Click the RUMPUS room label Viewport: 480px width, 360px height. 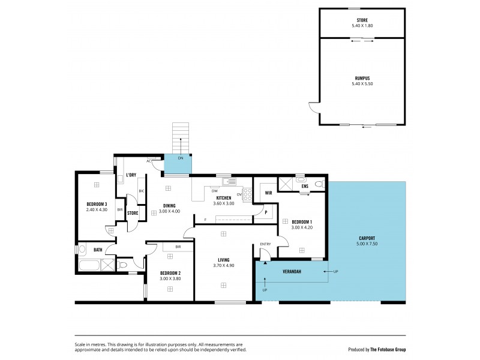point(362,77)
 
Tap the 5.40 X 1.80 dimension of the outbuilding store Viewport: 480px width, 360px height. point(362,26)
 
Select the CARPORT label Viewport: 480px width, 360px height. point(367,238)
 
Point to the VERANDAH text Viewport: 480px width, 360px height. point(292,271)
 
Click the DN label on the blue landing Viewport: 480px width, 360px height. point(180,158)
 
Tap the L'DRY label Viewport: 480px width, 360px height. point(131,175)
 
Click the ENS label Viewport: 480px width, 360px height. point(305,186)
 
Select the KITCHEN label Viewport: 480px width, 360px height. point(224,197)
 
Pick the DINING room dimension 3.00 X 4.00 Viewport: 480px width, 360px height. point(169,211)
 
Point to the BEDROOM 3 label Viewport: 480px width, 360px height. point(96,203)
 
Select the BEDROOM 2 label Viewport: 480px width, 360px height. point(170,273)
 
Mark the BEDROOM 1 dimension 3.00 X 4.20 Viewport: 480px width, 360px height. point(302,227)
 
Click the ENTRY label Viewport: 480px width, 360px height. point(265,244)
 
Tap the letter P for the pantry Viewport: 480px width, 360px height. point(266,212)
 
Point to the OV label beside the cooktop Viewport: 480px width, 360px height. point(239,193)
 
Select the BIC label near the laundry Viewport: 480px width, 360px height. point(142,191)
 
